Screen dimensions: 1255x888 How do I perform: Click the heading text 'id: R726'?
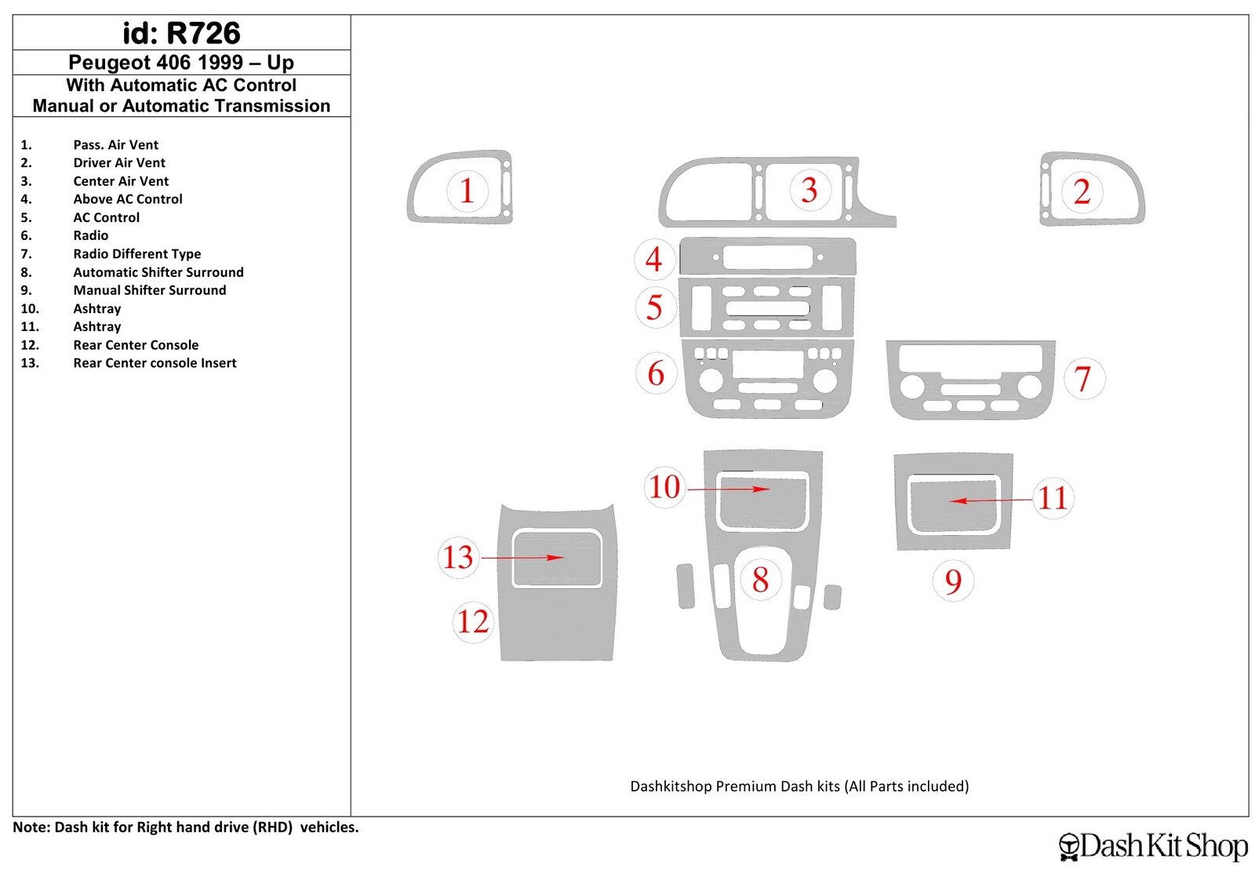[181, 33]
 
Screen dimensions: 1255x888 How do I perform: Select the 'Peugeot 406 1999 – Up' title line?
[181, 62]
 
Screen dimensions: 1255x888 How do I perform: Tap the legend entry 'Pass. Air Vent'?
[116, 145]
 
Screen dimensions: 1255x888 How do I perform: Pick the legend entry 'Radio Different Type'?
[137, 254]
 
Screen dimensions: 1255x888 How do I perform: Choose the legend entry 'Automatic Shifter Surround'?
[158, 272]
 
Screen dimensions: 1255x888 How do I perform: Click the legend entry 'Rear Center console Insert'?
[155, 363]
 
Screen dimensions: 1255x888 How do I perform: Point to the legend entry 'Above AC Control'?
[128, 199]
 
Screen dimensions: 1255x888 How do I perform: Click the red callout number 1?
[467, 191]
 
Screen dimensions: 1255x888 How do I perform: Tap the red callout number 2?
[1082, 191]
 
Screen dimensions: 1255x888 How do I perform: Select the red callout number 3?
[809, 190]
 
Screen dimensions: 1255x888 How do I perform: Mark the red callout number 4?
[653, 260]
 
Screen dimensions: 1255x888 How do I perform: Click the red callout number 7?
[1083, 379]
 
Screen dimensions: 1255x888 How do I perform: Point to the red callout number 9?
[953, 581]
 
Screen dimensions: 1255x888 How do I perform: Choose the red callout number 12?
[473, 622]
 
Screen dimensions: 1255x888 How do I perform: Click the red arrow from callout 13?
[522, 558]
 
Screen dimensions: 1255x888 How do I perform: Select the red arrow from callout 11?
[991, 500]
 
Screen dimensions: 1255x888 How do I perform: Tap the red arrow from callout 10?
[729, 489]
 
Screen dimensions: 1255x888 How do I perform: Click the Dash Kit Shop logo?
[1153, 846]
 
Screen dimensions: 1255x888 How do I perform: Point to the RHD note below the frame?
[185, 828]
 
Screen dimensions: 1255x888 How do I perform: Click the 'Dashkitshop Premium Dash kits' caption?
[799, 787]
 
